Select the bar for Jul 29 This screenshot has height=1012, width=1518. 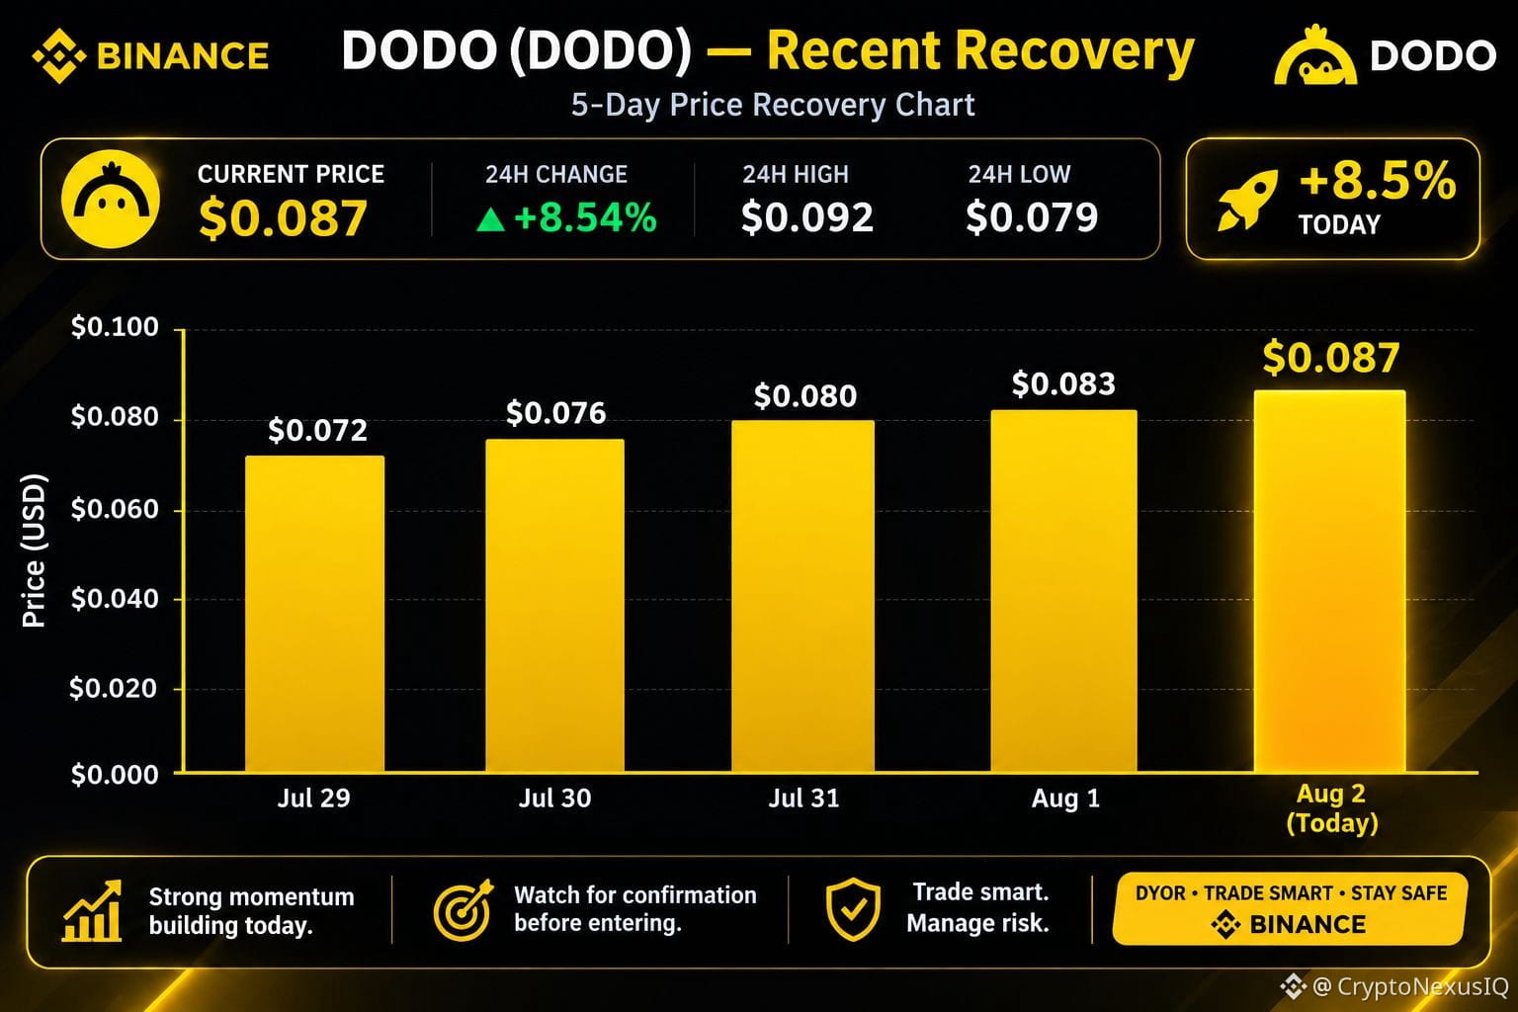(x=314, y=614)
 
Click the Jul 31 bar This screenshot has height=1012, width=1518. (x=802, y=596)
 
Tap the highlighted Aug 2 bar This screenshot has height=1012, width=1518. (x=1329, y=581)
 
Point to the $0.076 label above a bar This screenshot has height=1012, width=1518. (x=555, y=413)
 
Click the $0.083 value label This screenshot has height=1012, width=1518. (x=1063, y=384)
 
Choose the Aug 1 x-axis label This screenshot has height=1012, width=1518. (x=1065, y=799)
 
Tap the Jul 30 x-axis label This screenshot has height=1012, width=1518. (x=554, y=799)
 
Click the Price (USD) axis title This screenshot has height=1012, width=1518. (x=34, y=550)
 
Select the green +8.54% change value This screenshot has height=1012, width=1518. (x=585, y=217)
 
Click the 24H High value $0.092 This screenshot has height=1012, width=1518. (x=807, y=217)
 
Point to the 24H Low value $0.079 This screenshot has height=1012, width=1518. (x=1032, y=217)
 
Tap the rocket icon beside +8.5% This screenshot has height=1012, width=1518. (x=1247, y=199)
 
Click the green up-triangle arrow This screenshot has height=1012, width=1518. (x=490, y=219)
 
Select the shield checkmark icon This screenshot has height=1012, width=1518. (x=853, y=909)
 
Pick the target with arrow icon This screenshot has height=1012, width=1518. (x=464, y=910)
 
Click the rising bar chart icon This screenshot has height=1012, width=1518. (x=92, y=910)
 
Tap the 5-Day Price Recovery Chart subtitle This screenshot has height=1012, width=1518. (x=773, y=105)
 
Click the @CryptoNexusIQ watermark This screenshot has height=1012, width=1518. (x=1397, y=986)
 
